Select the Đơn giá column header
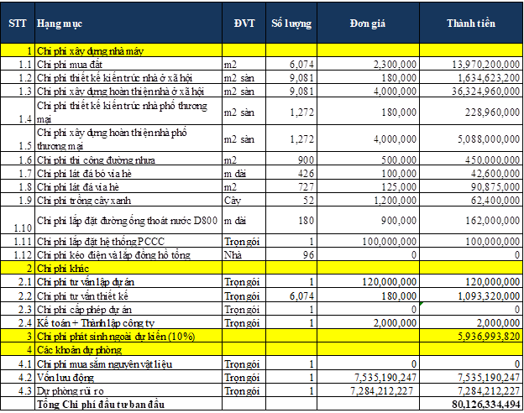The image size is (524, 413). click(x=367, y=22)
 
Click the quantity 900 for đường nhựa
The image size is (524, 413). click(x=303, y=159)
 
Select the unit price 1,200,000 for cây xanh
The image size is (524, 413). click(x=391, y=201)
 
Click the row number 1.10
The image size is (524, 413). click(x=21, y=226)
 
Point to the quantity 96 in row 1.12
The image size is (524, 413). click(x=307, y=254)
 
